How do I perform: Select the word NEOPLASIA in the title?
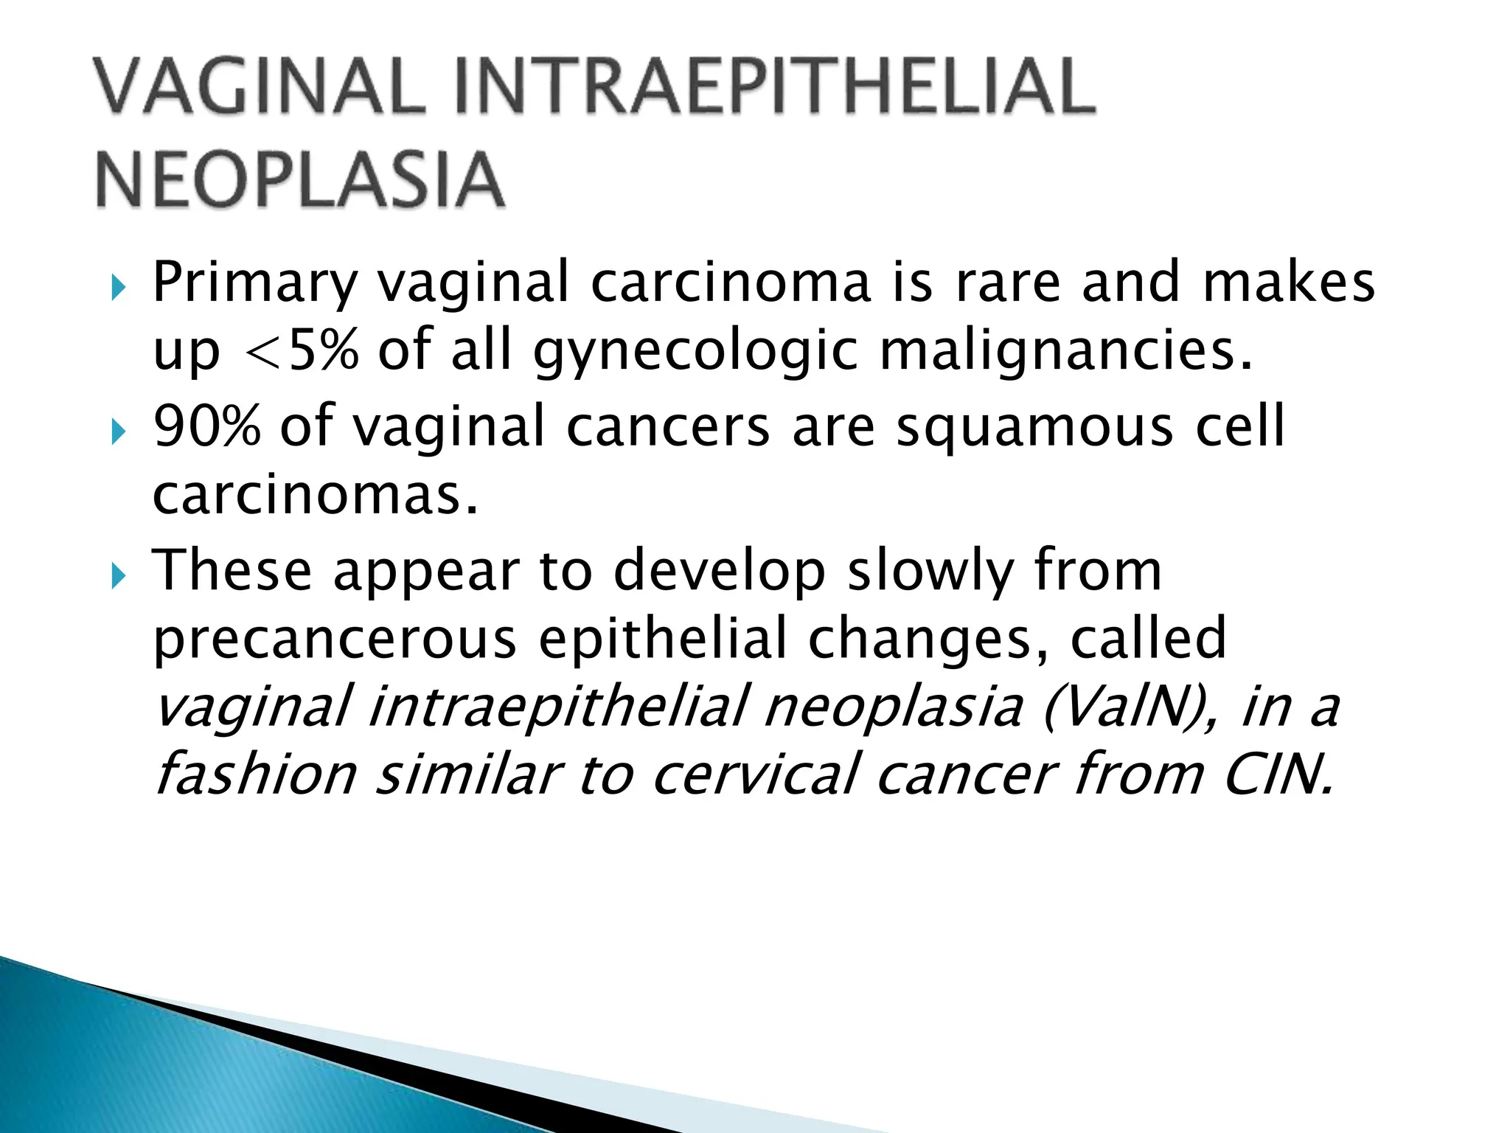[299, 180]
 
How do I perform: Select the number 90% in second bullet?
[207, 426]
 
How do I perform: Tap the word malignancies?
[1066, 353]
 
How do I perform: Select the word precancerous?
[335, 639]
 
